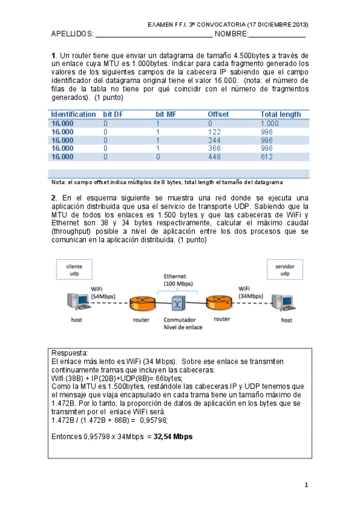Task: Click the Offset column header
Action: tap(218, 114)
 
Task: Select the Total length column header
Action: tap(280, 114)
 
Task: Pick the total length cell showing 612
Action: tap(267, 157)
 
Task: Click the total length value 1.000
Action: tap(269, 123)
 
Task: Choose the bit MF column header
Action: tap(165, 114)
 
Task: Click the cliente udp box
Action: tap(75, 269)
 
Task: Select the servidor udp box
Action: tap(284, 269)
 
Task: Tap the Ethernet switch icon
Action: tap(177, 301)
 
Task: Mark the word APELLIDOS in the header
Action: tap(72, 34)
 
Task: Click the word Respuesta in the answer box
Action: tap(70, 353)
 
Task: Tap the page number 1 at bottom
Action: tap(306, 485)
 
